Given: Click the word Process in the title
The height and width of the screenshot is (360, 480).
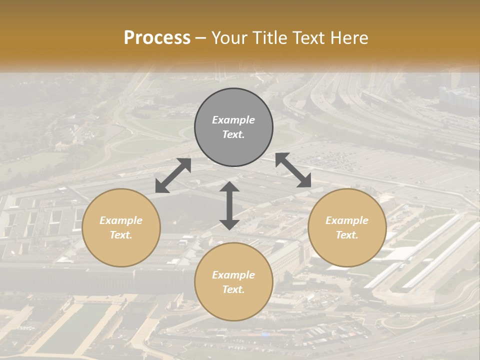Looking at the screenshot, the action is (x=157, y=38).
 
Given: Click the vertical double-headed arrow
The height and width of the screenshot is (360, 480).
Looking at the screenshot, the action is (x=229, y=205).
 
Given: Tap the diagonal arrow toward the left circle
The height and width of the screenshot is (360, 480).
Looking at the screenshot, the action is (x=173, y=175).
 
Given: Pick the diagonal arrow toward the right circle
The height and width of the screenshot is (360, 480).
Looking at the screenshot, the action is (x=293, y=170).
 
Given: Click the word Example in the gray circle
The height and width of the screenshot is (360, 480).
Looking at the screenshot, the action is (x=233, y=120).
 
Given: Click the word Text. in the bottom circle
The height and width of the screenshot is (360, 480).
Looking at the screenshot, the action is (x=233, y=289).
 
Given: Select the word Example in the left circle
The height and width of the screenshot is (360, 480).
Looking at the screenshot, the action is (x=121, y=220).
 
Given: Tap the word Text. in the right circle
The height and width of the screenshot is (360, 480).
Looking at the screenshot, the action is (x=347, y=235).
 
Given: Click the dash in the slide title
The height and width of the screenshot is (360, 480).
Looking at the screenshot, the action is (x=200, y=38).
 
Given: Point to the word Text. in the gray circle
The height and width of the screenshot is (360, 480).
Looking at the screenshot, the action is (x=233, y=134).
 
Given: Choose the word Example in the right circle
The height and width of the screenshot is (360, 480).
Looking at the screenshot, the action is (x=347, y=220).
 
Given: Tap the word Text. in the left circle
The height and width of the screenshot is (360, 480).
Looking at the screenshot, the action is (x=121, y=235).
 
